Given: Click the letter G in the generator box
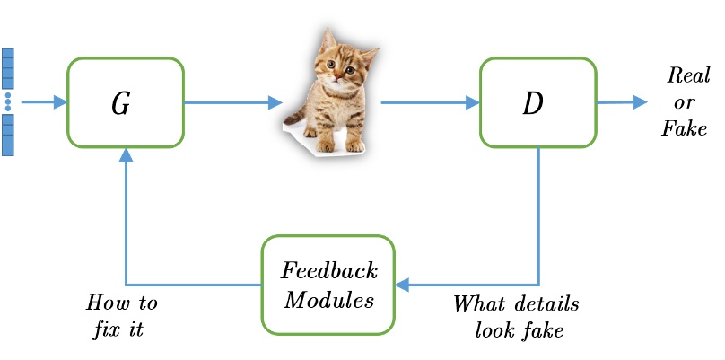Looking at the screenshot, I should click(120, 104).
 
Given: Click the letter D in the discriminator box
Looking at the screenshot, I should click(533, 104).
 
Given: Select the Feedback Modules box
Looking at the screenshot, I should click(328, 285).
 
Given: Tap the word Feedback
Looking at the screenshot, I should click(329, 271).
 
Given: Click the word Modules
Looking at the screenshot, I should click(329, 300).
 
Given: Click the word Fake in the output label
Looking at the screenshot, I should click(684, 129).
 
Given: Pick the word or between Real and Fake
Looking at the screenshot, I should click(684, 102).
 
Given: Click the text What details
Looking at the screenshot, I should click(515, 304).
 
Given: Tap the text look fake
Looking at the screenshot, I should click(519, 330).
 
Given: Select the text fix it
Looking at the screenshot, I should click(118, 329).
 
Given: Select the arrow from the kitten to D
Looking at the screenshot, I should click(429, 102).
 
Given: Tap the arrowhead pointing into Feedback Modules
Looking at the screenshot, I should click(402, 285).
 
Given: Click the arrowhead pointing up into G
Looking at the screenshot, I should click(126, 155).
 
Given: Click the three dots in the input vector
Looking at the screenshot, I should click(8, 101).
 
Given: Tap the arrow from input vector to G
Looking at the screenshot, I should click(43, 102).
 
